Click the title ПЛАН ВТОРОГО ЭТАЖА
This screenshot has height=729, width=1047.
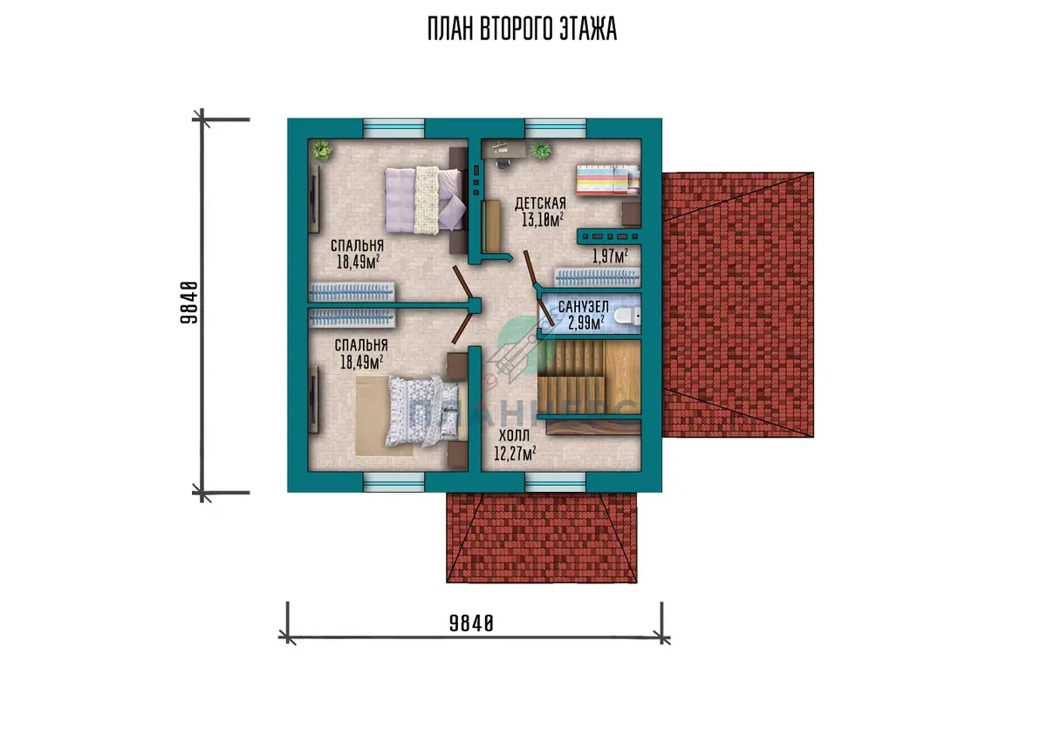pyautogui.click(x=522, y=29)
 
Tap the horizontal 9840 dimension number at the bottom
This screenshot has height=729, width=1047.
pyautogui.click(x=471, y=623)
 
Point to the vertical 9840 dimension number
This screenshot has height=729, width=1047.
pyautogui.click(x=189, y=303)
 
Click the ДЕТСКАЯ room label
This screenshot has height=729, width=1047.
pyautogui.click(x=540, y=204)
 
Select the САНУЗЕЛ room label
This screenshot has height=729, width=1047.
pyautogui.click(x=584, y=307)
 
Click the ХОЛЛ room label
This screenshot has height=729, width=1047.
pyautogui.click(x=514, y=436)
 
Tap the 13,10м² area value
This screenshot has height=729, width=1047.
pyautogui.click(x=542, y=219)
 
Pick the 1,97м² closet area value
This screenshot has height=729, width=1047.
pyautogui.click(x=610, y=255)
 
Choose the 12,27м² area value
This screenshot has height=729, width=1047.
pyautogui.click(x=515, y=453)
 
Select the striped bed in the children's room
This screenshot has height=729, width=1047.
pyautogui.click(x=607, y=180)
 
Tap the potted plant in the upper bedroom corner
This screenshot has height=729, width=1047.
pyautogui.click(x=322, y=150)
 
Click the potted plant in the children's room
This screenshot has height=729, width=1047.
pyautogui.click(x=541, y=150)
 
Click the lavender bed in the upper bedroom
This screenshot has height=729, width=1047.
pyautogui.click(x=426, y=201)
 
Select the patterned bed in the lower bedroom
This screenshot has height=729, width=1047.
pyautogui.click(x=423, y=411)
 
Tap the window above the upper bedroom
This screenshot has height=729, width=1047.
pyautogui.click(x=394, y=128)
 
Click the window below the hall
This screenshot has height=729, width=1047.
pyautogui.click(x=555, y=482)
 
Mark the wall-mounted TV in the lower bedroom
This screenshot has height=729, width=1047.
pyautogui.click(x=314, y=400)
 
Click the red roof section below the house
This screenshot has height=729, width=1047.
pyautogui.click(x=541, y=538)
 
